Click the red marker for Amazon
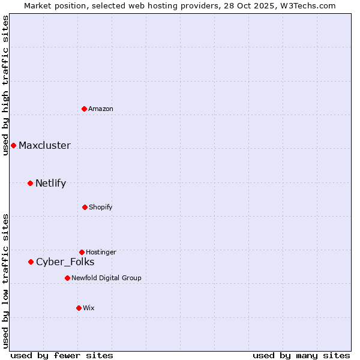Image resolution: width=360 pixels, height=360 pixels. [x=85, y=109]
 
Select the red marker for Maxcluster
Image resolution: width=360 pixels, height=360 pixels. [x=13, y=145]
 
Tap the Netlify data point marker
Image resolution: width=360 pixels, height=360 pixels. [x=30, y=183]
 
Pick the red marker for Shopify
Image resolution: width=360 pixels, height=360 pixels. [x=85, y=207]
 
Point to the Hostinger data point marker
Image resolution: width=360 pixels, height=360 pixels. [x=82, y=252]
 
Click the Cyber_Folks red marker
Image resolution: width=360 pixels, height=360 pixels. [x=31, y=262]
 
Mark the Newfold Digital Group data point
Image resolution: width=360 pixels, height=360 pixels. [x=67, y=278]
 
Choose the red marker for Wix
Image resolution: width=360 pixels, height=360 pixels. [x=79, y=308]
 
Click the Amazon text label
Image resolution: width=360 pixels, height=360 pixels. [x=101, y=109]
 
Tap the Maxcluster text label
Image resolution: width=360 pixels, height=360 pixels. [x=44, y=145]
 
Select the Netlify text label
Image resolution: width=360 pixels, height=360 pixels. [x=50, y=183]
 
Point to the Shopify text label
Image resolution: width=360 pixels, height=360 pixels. [x=100, y=207]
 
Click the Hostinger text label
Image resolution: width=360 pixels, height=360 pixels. [x=101, y=252]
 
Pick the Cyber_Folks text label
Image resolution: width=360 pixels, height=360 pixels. [x=65, y=262]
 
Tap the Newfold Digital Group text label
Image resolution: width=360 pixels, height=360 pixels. [x=106, y=278]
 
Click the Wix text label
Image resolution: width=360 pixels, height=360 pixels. [x=89, y=308]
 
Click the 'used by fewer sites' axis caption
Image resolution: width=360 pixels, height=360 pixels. [x=62, y=355]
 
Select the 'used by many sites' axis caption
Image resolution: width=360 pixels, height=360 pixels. [x=301, y=355]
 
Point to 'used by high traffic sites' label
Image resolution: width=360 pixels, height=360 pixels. [x=5, y=85]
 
